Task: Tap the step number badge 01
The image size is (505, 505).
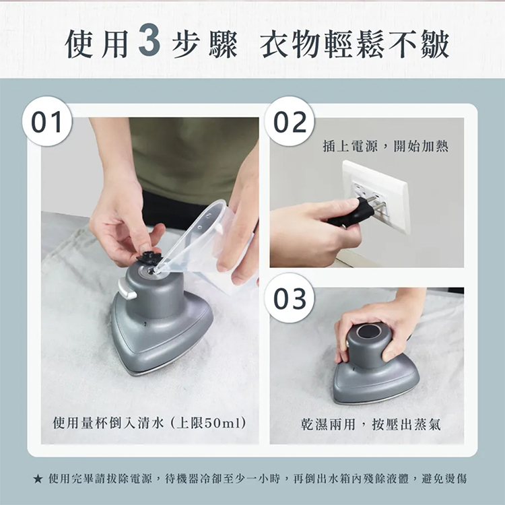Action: click(x=47, y=121)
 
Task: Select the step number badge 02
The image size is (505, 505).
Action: click(x=290, y=121)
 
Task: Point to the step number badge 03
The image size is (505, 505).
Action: click(x=290, y=298)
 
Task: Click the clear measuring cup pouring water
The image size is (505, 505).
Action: click(x=206, y=245)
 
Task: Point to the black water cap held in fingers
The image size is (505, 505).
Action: click(x=149, y=257)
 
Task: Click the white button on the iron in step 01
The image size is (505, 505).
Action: click(x=127, y=288)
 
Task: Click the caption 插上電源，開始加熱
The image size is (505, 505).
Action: click(x=385, y=146)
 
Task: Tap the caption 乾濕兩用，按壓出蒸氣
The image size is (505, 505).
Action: click(x=371, y=424)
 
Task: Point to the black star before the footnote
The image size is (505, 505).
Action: click(x=38, y=479)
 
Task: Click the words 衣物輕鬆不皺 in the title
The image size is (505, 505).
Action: click(x=354, y=44)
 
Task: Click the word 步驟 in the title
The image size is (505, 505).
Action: click(x=204, y=44)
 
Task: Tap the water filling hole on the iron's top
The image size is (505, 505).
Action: click(x=150, y=271)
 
